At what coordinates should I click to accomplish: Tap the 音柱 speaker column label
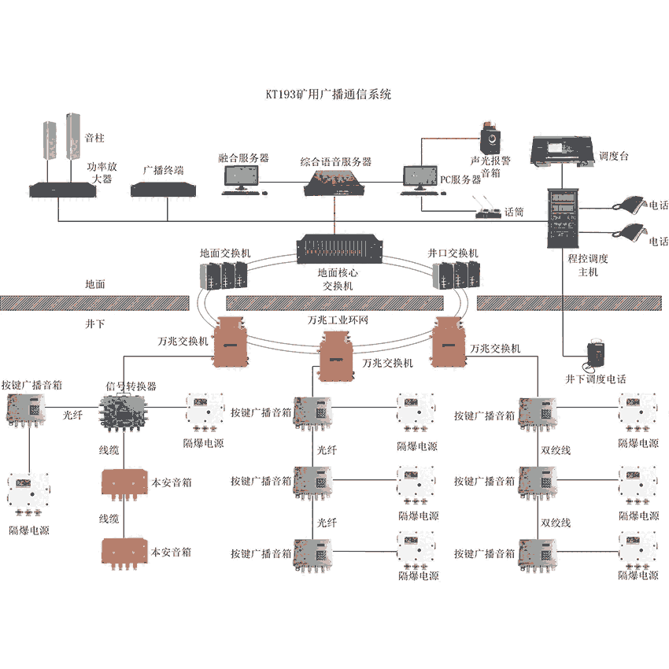click(x=94, y=138)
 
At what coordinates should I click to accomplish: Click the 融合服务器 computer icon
click(x=241, y=179)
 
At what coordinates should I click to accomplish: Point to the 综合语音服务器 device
click(x=335, y=183)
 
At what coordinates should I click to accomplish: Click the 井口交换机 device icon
click(x=456, y=275)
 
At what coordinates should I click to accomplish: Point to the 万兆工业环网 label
click(x=338, y=321)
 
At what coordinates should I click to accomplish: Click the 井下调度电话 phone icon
click(x=596, y=356)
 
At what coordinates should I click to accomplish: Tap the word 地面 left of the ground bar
click(x=95, y=284)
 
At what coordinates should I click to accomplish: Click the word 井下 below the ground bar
click(x=95, y=323)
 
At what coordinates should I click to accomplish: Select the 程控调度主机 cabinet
click(x=564, y=220)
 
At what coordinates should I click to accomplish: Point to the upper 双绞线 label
click(x=556, y=451)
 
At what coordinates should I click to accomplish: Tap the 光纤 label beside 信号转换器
click(x=72, y=414)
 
